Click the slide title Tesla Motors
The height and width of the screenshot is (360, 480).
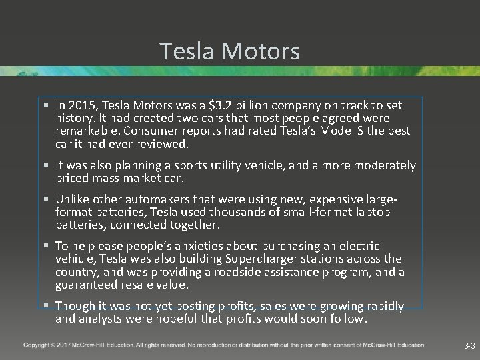(x=230, y=51)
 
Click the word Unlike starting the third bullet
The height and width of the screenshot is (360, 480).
(x=74, y=200)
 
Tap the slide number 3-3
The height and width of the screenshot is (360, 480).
(x=469, y=346)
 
